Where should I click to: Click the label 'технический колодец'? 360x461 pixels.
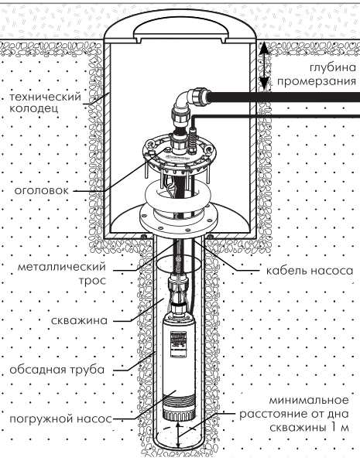coord(45,102)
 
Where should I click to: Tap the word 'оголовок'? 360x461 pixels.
coord(42,190)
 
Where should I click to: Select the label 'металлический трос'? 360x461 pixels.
coord(62,273)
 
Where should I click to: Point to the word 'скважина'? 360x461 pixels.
coord(79,320)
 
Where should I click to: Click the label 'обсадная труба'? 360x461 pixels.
coord(57,369)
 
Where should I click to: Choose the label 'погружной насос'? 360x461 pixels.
coord(60,418)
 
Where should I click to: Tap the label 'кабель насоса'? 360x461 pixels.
coord(310,271)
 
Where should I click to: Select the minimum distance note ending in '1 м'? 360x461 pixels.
coord(294,414)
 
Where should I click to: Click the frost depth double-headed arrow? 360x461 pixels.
coord(264,64)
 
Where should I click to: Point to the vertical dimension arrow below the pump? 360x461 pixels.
coord(177,435)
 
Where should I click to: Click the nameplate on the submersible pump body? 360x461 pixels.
coord(178,341)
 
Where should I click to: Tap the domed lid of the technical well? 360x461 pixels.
coord(180,25)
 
